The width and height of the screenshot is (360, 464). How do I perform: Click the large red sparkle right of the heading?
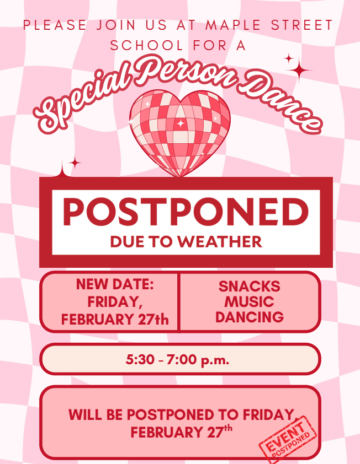[x=298, y=70]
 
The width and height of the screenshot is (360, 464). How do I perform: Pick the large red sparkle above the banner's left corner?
[x=61, y=168]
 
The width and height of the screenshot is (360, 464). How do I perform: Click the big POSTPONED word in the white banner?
[x=186, y=212]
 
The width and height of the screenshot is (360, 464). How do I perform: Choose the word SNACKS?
[x=249, y=287]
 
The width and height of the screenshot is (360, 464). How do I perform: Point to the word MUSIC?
[x=249, y=302]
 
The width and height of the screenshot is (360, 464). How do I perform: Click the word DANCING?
[x=249, y=317]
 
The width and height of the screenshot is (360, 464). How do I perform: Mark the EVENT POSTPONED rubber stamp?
[x=288, y=439]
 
